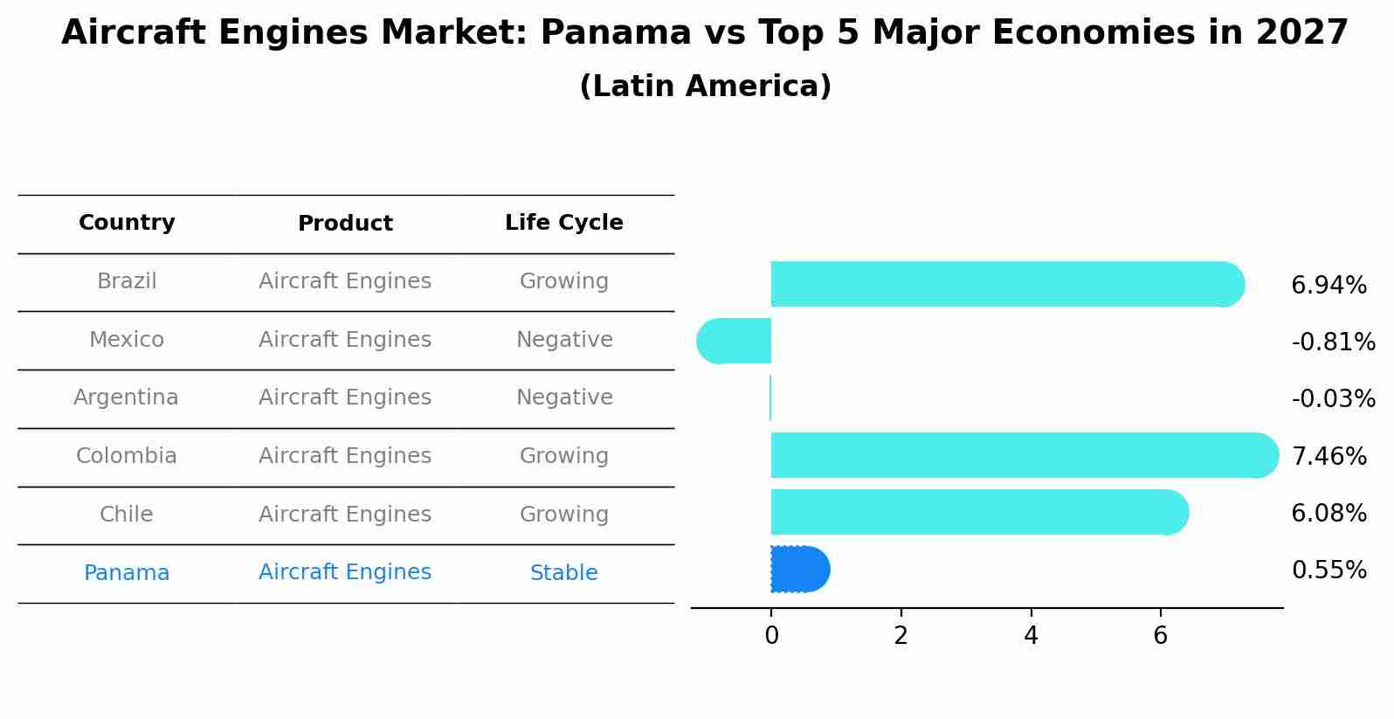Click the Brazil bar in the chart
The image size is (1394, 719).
1004,284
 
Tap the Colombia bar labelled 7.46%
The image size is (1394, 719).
1022,455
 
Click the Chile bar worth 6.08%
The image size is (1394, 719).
978,512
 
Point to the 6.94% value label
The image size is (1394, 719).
1328,286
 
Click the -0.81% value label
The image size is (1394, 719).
1333,342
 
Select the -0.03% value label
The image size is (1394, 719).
1333,399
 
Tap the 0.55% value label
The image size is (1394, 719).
1328,570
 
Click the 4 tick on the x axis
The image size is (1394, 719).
1031,636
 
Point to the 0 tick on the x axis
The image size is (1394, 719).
771,636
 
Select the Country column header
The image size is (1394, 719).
127,223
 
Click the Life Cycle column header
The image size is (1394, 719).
563,223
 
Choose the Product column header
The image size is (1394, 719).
345,224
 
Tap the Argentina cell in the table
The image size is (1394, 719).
126,398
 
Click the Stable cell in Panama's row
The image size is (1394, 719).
563,573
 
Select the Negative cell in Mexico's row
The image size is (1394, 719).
564,340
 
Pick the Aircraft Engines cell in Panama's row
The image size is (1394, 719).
345,572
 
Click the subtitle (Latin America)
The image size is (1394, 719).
705,86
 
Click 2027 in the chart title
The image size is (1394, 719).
1301,33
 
